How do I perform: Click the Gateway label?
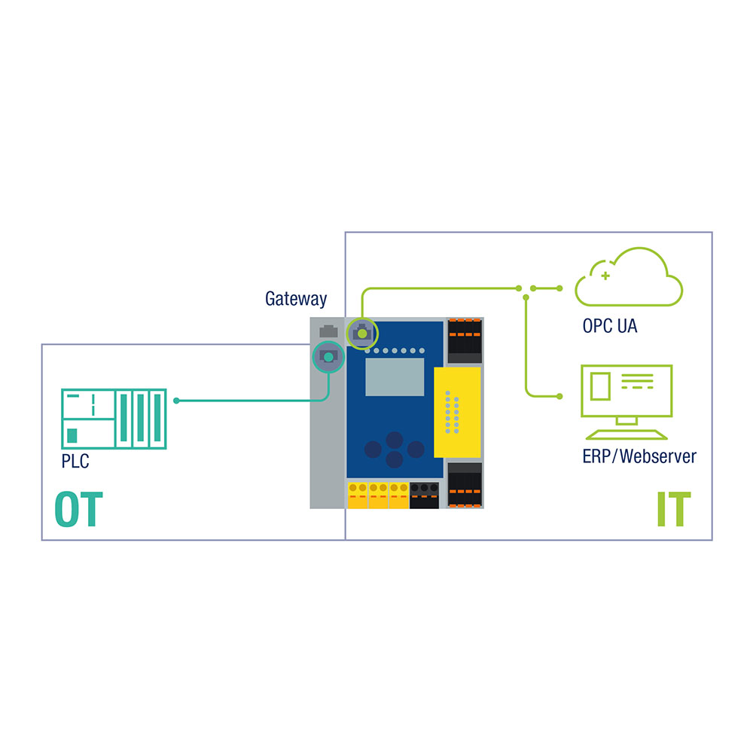tap(296, 299)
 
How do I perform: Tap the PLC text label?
tap(75, 461)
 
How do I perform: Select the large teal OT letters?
tap(78, 510)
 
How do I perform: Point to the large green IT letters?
tap(673, 510)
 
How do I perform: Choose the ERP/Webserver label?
tap(639, 456)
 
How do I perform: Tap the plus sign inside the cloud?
tap(605, 276)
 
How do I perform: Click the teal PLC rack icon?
tap(113, 419)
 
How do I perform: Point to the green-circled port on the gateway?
tap(362, 332)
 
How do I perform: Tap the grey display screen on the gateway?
tap(395, 377)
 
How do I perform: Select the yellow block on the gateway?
tap(457, 412)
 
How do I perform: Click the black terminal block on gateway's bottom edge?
tap(425, 495)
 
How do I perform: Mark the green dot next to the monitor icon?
tap(559, 395)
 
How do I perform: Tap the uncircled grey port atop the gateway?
tap(328, 331)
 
